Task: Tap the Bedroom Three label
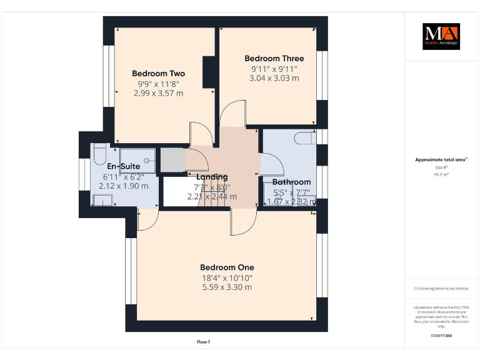[x=274, y=58]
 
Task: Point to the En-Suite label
[x=123, y=166]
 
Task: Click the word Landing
[x=212, y=177]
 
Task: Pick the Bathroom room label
[x=291, y=182]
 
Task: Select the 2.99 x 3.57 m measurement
[x=158, y=92]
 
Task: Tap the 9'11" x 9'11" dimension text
[x=274, y=69]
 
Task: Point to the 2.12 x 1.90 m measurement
[x=123, y=186]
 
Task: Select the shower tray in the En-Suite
[x=137, y=160]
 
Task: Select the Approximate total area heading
[x=441, y=160]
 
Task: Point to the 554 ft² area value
[x=441, y=168]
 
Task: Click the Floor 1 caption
[x=203, y=342]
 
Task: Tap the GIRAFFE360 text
[x=441, y=336]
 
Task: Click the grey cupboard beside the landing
[x=172, y=159]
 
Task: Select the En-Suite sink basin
[x=102, y=199]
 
